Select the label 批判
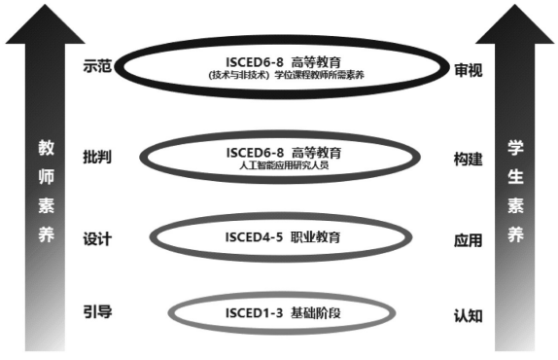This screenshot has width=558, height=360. [98, 157]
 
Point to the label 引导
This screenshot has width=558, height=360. [98, 311]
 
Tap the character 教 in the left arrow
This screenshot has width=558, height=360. [45, 150]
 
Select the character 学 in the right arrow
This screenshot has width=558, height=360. [516, 150]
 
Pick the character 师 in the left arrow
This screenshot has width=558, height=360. [45, 179]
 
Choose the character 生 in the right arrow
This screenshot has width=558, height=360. [516, 179]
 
